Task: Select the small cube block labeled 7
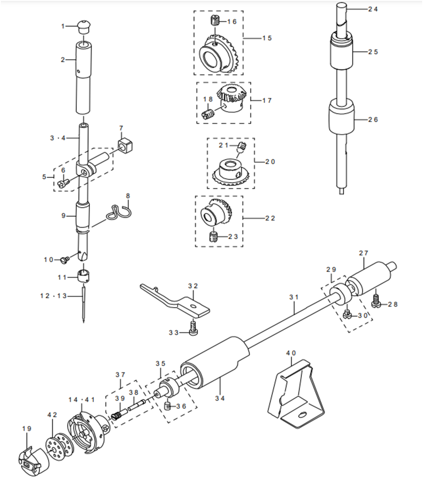coord(125,146)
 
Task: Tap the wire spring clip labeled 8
coord(119,212)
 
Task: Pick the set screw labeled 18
coord(208,114)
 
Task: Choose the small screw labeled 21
coord(241,146)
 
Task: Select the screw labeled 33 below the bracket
coord(193,329)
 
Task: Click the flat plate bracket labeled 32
coord(175,301)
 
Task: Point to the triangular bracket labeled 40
coord(296,393)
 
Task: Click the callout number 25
coord(373,52)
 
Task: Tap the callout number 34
coord(220,398)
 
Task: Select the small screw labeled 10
coord(65,260)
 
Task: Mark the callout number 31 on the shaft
coord(294,297)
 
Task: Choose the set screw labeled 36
coord(167,406)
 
